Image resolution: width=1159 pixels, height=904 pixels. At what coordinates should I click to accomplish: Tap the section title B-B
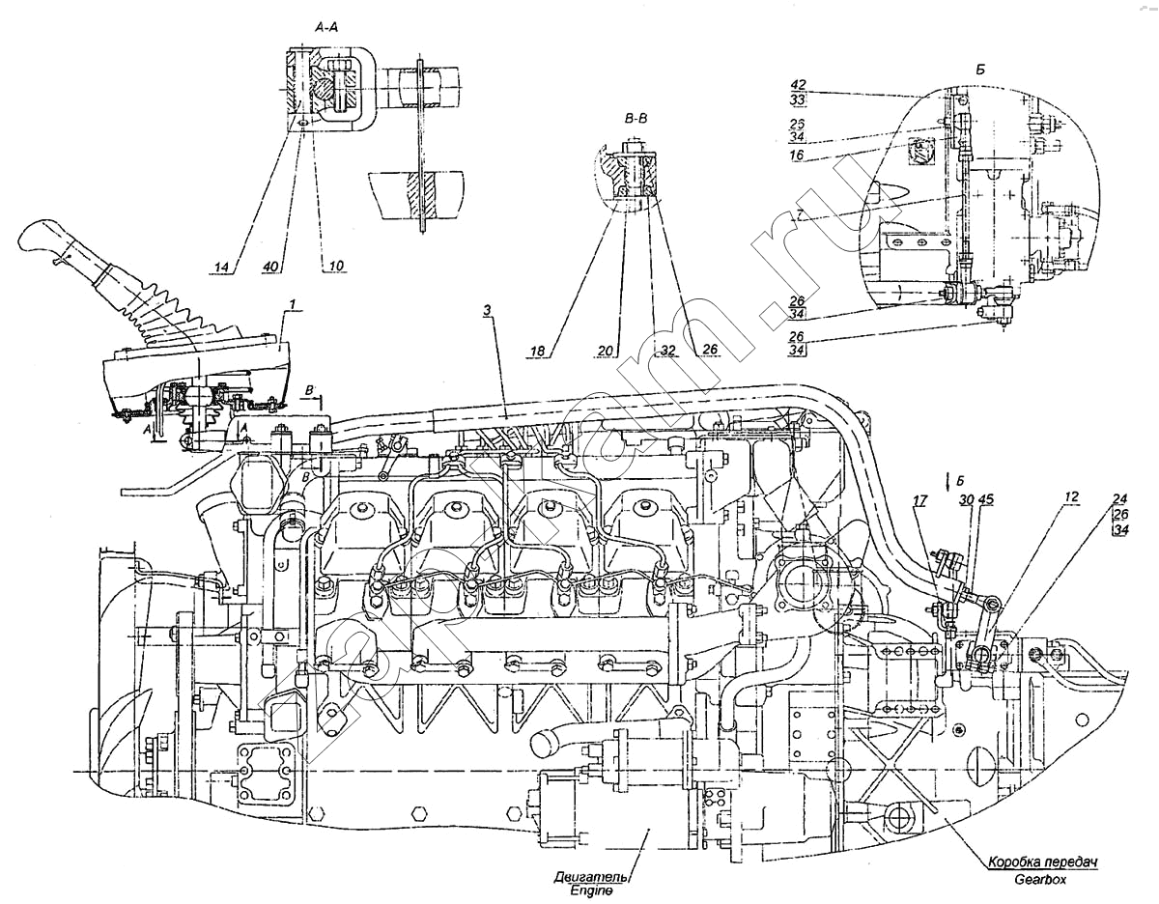pyautogui.click(x=636, y=120)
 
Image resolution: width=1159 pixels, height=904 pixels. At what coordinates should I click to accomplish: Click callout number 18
pyautogui.click(x=539, y=351)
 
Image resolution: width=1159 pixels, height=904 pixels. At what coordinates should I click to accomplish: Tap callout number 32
pyautogui.click(x=666, y=351)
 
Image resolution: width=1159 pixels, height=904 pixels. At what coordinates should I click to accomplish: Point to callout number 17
pyautogui.click(x=918, y=500)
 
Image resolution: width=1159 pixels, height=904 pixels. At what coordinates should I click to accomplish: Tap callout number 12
pyautogui.click(x=1071, y=496)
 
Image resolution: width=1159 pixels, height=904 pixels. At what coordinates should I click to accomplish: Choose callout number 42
pyautogui.click(x=798, y=84)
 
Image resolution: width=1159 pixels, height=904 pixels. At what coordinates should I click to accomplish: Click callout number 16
pyautogui.click(x=798, y=154)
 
